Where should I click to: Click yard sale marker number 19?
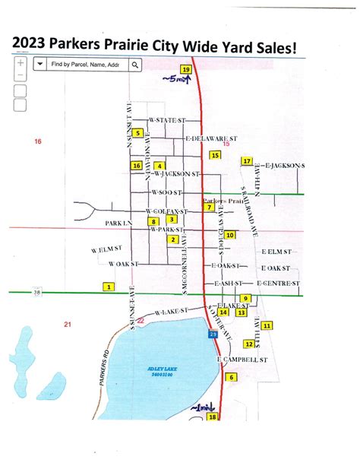[185, 70]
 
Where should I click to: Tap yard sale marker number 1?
[109, 287]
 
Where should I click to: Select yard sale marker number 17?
[246, 161]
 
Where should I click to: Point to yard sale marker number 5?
[137, 133]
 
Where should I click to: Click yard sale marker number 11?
[267, 325]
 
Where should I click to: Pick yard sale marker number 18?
[212, 417]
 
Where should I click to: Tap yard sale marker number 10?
[229, 236]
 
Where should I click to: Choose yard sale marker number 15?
[215, 155]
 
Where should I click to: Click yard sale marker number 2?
[173, 239]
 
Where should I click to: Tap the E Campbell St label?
[243, 358]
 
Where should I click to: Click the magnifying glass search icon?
[134, 66]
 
